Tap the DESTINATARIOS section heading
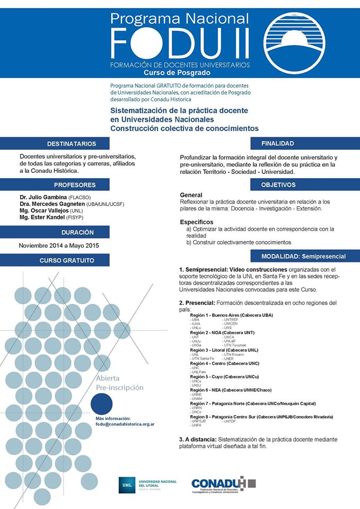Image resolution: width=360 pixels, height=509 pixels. [72, 144]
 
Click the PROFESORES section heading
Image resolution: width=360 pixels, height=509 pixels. [75, 185]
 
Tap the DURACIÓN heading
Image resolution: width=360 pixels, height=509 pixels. [77, 232]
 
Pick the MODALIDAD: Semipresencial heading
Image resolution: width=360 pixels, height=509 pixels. [303, 257]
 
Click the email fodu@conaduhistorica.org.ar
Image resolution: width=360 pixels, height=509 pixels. [125, 425]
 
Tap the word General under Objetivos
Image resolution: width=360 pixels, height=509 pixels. [191, 195]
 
